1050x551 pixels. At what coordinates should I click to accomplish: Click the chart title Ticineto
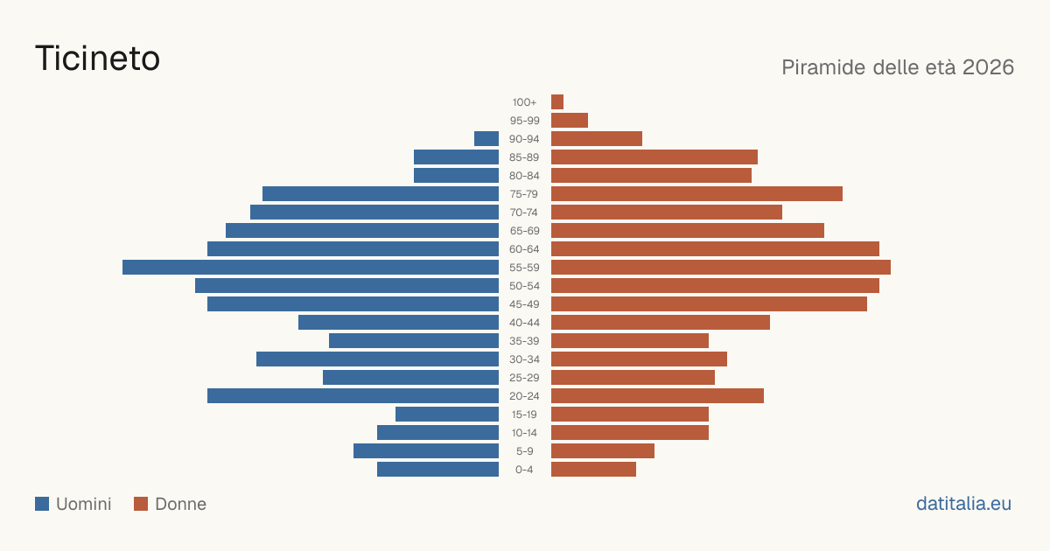[x=97, y=58]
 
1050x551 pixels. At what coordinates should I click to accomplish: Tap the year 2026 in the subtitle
[x=988, y=67]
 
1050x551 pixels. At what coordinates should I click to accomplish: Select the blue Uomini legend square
[x=42, y=504]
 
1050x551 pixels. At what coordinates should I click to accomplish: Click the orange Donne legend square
[x=141, y=504]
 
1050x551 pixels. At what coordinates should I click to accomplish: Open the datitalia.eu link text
[x=963, y=504]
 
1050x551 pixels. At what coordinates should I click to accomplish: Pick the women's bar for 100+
[x=557, y=101]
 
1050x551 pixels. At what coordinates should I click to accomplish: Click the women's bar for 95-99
[x=570, y=120]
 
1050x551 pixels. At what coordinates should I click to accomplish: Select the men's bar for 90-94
[x=486, y=139]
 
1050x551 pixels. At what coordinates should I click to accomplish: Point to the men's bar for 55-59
[x=311, y=267]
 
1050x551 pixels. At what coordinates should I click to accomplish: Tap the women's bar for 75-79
[x=696, y=193]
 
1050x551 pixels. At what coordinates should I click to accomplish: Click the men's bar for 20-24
[x=353, y=396]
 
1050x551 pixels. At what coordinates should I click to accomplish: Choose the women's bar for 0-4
[x=593, y=469]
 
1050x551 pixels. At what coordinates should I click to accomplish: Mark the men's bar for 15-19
[x=447, y=415]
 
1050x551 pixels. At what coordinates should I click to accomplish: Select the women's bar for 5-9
[x=603, y=450]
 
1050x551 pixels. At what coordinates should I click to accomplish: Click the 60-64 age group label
[x=524, y=248]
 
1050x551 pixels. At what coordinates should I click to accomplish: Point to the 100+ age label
[x=524, y=102]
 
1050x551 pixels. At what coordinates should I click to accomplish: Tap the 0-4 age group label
[x=524, y=470]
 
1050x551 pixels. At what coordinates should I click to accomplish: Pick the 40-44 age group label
[x=524, y=323]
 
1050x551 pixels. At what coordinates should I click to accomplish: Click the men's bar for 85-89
[x=456, y=157]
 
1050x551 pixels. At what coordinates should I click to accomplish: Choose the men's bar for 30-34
[x=377, y=359]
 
